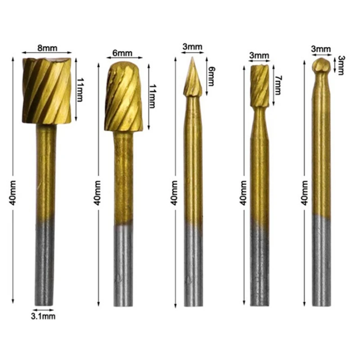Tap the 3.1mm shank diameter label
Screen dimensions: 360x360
point(44,316)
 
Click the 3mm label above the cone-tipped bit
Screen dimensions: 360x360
point(192,47)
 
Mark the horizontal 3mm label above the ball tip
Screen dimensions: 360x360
point(321,49)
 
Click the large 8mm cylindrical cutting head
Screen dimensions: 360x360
point(47,90)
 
